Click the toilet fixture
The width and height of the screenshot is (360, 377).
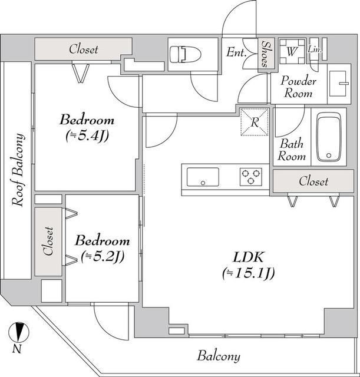click(x=184, y=55)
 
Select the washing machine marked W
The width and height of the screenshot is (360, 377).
click(x=291, y=51)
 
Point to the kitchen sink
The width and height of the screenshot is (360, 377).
click(x=203, y=176)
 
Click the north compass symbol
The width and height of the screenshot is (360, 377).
click(x=20, y=333)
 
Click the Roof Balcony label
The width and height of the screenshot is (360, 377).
click(x=18, y=171)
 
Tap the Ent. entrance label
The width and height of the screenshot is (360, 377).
click(x=236, y=52)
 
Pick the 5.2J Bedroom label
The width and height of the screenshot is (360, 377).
click(x=102, y=248)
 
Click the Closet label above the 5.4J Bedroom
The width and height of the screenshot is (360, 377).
click(x=83, y=49)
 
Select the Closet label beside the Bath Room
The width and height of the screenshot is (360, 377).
click(x=313, y=181)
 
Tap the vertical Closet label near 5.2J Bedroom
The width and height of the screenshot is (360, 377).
click(x=49, y=242)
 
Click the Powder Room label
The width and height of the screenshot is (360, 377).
click(x=298, y=87)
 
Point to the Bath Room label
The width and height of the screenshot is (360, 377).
click(x=293, y=150)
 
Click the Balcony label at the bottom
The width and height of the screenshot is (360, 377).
click(x=219, y=356)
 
